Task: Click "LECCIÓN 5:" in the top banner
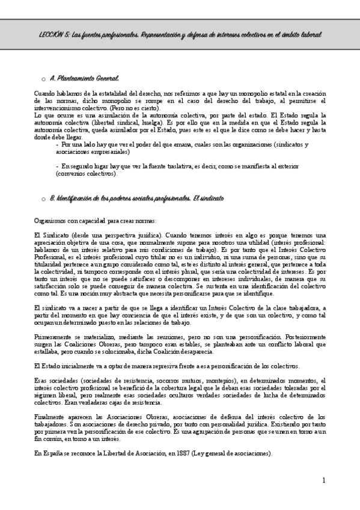click(49, 35)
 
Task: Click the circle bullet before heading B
click(43, 198)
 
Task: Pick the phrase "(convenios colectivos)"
click(84, 173)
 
